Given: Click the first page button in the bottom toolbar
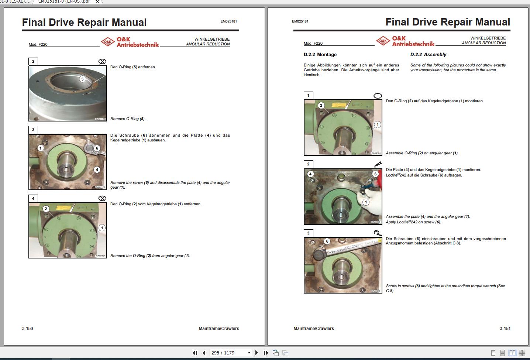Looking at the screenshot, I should [195, 353].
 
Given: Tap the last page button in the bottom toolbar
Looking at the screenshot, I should [266, 353].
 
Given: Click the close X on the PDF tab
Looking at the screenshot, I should [97, 1].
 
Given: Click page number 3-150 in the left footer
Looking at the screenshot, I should [27, 328].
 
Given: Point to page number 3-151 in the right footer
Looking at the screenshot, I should [505, 328].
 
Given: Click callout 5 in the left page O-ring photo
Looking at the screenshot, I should [82, 79].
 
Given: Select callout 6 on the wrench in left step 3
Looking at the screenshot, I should [97, 148].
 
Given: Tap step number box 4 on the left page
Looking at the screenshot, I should [33, 198].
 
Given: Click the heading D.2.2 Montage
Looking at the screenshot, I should [320, 55].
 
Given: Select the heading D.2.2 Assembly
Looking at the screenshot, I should [428, 55].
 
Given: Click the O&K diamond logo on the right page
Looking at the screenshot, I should [383, 41].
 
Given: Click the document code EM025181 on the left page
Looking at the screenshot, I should [228, 21].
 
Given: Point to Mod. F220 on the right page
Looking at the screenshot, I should [313, 43].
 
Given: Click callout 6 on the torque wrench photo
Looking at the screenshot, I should [327, 241].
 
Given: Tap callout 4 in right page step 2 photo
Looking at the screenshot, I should [310, 174].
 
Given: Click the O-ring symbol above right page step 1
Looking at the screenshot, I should [378, 96].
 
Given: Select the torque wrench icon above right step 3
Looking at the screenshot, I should [377, 233].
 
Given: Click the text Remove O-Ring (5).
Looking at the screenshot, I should [128, 119].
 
